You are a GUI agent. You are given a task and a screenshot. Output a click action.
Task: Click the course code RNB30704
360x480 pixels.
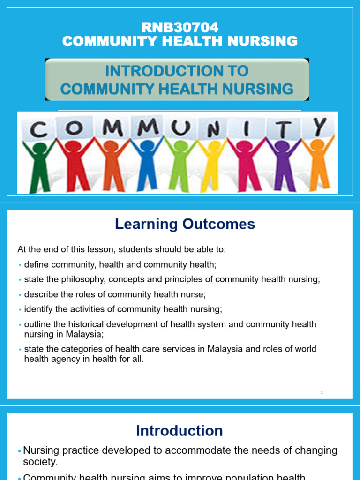click(x=180, y=28)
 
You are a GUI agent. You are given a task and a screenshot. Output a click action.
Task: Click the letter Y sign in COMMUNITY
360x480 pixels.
click(x=320, y=127)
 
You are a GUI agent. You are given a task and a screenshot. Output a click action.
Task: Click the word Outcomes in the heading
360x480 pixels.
click(x=218, y=224)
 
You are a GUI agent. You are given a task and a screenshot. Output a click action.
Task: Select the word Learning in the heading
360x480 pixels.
click(x=146, y=225)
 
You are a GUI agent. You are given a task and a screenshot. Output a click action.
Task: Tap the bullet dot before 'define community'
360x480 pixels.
click(x=20, y=265)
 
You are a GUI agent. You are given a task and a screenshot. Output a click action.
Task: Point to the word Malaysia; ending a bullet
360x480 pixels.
click(x=85, y=334)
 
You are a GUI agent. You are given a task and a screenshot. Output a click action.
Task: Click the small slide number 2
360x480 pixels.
click(x=322, y=392)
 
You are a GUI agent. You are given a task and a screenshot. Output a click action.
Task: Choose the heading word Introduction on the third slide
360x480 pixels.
click(x=180, y=431)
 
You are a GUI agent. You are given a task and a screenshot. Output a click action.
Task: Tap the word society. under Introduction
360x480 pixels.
click(x=40, y=462)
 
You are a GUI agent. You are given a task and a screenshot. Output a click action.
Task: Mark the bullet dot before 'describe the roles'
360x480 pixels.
click(x=20, y=295)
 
